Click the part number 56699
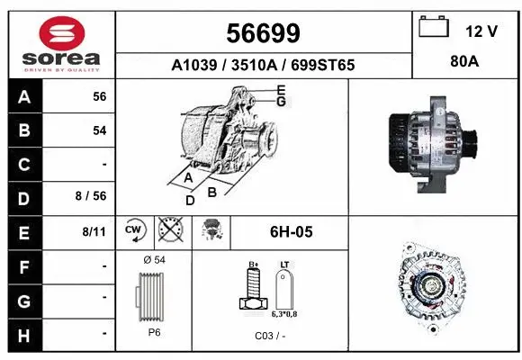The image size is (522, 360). click(263, 33)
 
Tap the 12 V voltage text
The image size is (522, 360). click(481, 31)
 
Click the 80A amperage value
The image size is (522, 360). click(463, 64)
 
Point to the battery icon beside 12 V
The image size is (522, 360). click(434, 27)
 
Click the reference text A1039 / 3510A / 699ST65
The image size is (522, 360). click(263, 65)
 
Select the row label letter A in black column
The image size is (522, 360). click(24, 96)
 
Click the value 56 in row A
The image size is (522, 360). click(99, 96)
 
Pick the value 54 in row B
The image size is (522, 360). click(99, 130)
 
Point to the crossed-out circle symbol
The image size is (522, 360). click(168, 230)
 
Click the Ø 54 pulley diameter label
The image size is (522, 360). click(155, 260)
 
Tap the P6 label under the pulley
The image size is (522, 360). click(155, 331)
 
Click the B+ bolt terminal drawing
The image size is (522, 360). click(252, 292)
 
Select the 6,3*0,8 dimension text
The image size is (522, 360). click(285, 315)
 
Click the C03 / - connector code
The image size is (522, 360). click(270, 336)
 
